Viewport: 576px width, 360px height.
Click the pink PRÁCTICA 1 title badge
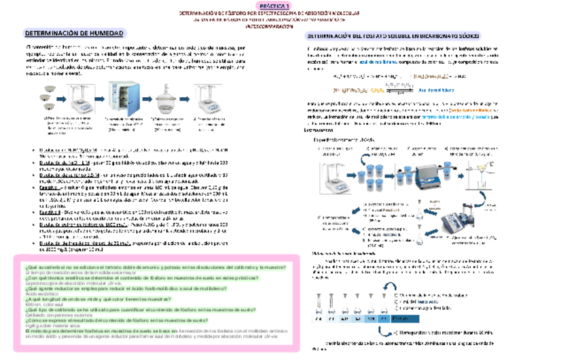[287, 5]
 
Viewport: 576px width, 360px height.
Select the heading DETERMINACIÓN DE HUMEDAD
[74, 33]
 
